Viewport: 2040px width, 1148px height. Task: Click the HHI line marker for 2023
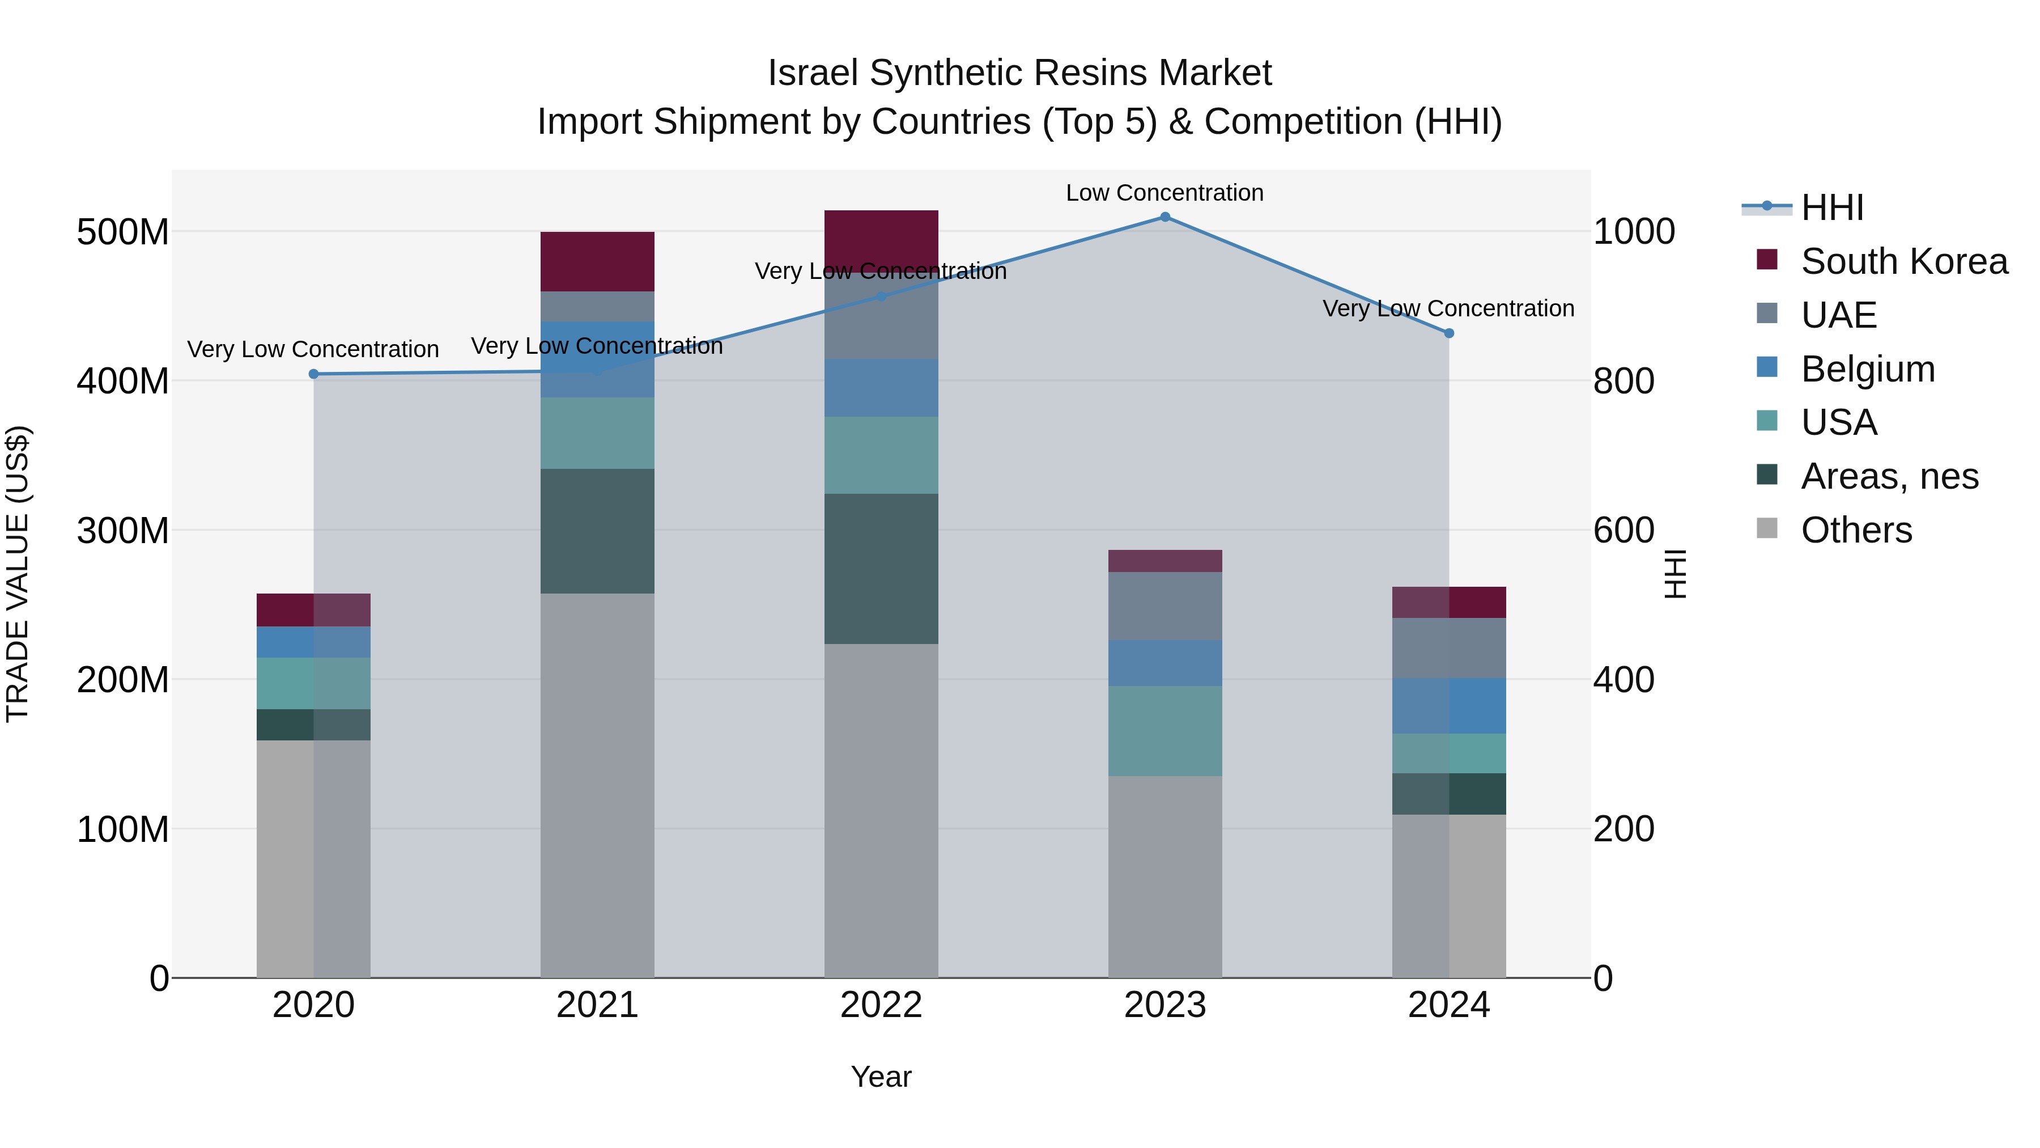(x=1165, y=217)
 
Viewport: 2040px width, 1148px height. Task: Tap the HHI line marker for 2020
(x=313, y=374)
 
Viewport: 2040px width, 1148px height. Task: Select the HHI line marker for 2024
(x=1448, y=333)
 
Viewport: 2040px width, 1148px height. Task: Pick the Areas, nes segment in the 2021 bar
(x=597, y=531)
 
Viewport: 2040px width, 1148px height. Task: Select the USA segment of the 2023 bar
(x=1165, y=731)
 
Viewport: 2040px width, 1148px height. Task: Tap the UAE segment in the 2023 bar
(x=1165, y=606)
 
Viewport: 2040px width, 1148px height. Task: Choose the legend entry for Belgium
(x=1867, y=369)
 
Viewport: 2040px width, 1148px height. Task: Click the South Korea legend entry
(x=1904, y=261)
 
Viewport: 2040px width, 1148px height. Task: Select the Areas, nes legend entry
(x=1889, y=476)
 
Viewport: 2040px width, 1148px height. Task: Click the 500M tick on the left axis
(x=123, y=232)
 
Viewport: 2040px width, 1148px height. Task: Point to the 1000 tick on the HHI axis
(x=1633, y=232)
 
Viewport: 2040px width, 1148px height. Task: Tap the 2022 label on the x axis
(x=881, y=1005)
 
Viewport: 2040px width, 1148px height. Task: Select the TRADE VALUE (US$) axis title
(x=18, y=574)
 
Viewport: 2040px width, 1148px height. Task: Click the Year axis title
(x=881, y=1077)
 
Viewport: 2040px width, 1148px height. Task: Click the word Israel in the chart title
(x=813, y=74)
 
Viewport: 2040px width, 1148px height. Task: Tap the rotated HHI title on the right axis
(x=1676, y=574)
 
